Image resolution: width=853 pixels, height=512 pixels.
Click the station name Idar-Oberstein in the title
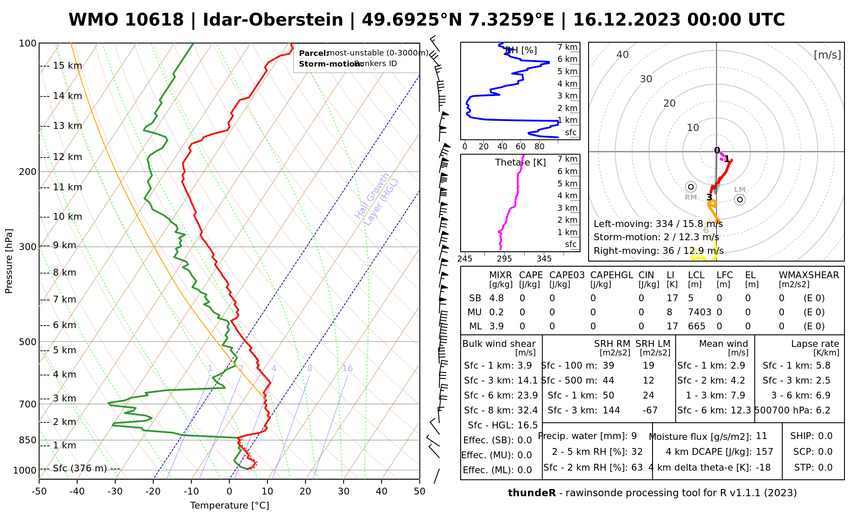[x=273, y=20]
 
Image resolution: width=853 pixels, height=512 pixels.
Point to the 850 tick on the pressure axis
[x=28, y=440]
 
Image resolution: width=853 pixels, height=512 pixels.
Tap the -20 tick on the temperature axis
[x=153, y=492]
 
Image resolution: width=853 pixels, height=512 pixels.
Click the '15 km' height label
[x=67, y=66]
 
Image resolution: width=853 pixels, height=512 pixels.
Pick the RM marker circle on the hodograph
[x=691, y=187]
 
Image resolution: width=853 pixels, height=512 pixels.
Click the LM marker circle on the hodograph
[x=740, y=199]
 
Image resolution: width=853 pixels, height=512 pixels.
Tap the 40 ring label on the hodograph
[x=623, y=55]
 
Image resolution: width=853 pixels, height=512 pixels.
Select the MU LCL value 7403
[x=699, y=312]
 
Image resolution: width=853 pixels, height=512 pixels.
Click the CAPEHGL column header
[x=612, y=275]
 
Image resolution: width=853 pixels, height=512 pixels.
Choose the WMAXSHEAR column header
[x=809, y=275]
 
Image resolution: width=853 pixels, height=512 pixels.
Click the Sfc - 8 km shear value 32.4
[x=528, y=410]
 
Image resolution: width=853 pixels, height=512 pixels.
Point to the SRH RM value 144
[x=611, y=410]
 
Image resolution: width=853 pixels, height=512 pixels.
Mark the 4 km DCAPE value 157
[x=764, y=452]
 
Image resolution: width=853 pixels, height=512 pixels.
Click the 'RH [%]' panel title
[x=521, y=50]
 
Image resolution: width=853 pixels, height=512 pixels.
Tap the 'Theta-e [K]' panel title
[x=520, y=163]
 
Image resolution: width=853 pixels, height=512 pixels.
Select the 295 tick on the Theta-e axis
[x=505, y=259]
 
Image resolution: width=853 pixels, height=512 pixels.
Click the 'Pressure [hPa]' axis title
[x=9, y=261]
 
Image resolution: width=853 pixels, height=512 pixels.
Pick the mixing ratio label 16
[x=347, y=369]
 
